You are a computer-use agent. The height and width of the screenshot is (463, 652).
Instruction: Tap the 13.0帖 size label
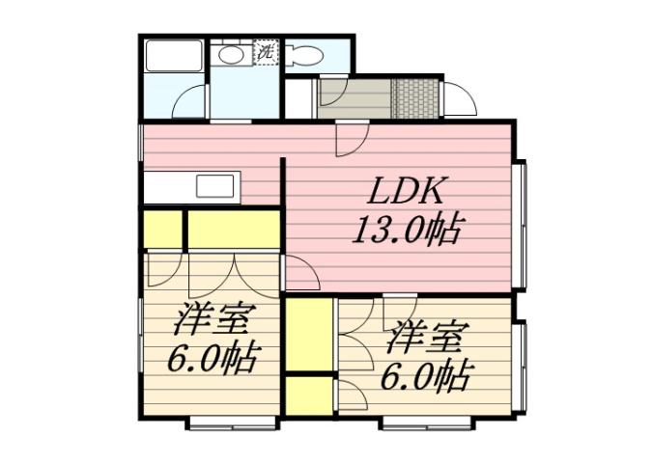pos(406,231)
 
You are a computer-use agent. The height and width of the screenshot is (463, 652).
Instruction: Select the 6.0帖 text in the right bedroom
pos(427,374)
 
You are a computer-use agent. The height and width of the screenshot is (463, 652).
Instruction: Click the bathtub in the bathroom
pos(173,55)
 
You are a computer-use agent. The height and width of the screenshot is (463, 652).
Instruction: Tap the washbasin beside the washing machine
pos(231,55)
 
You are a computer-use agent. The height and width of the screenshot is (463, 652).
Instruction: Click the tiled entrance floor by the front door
pos(414,97)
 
